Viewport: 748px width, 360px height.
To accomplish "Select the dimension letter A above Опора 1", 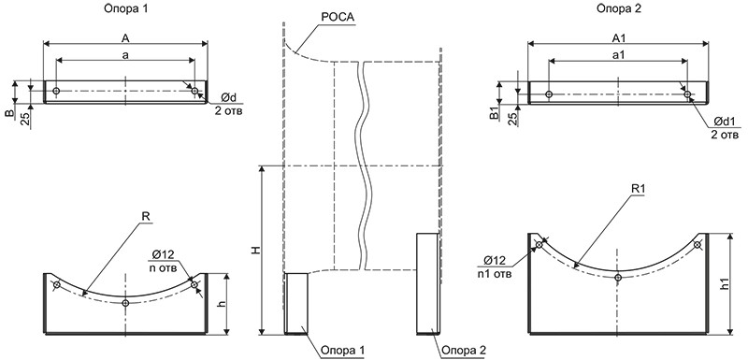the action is [125, 36].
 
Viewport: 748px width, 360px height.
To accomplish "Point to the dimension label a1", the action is [617, 55].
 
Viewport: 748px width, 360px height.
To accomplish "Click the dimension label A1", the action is [617, 36].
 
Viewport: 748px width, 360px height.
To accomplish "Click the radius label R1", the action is [638, 189].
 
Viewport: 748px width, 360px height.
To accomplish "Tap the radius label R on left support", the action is [146, 216].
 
